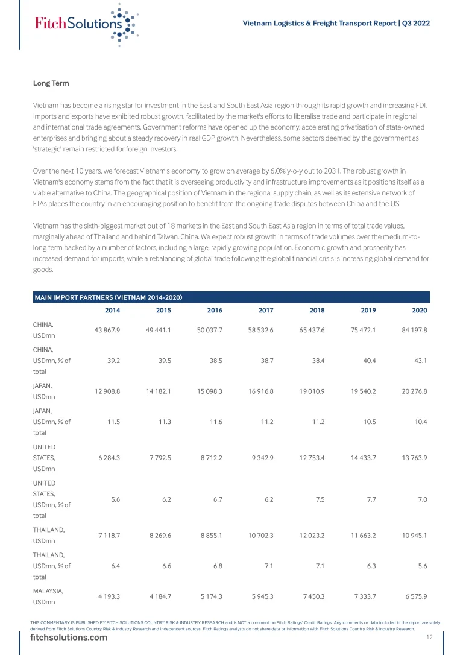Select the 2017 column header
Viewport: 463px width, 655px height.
pyautogui.click(x=265, y=310)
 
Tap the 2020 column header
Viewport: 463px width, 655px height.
pyautogui.click(x=420, y=310)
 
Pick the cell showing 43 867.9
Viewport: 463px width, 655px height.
pyautogui.click(x=107, y=331)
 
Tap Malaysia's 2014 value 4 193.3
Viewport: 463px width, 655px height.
pyautogui.click(x=107, y=596)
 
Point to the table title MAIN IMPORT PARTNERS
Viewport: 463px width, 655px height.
pyautogui.click(x=109, y=297)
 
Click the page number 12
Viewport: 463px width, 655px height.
pyautogui.click(x=429, y=638)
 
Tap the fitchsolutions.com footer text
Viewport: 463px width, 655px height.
pyautogui.click(x=69, y=638)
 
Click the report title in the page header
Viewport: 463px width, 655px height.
pyautogui.click(x=336, y=23)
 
